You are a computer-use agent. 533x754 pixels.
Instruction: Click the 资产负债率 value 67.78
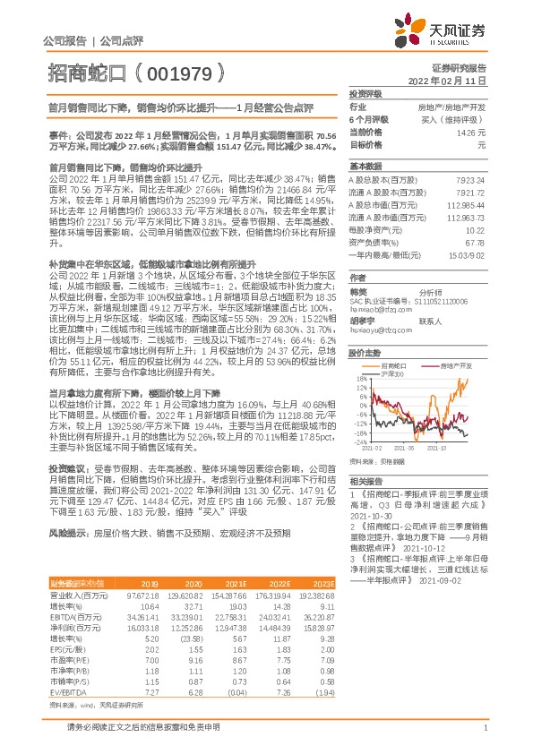pyautogui.click(x=475, y=243)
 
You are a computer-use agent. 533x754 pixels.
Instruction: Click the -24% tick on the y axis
pyautogui.click(x=357, y=442)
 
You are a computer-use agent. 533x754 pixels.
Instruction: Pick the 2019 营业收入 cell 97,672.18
pyautogui.click(x=142, y=570)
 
